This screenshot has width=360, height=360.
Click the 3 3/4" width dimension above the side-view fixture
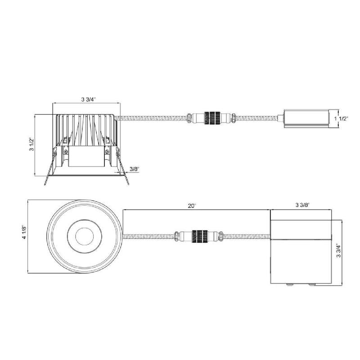click(88, 99)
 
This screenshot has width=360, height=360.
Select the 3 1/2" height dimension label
click(31, 144)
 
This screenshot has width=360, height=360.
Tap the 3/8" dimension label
click(135, 169)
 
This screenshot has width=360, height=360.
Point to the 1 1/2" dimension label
click(341, 118)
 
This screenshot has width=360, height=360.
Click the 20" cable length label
click(192, 206)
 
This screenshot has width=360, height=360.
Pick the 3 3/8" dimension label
click(302, 205)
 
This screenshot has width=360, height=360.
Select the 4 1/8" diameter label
click(25, 233)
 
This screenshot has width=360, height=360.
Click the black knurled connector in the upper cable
click(212, 118)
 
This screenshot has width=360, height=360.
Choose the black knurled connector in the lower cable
click(200, 237)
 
